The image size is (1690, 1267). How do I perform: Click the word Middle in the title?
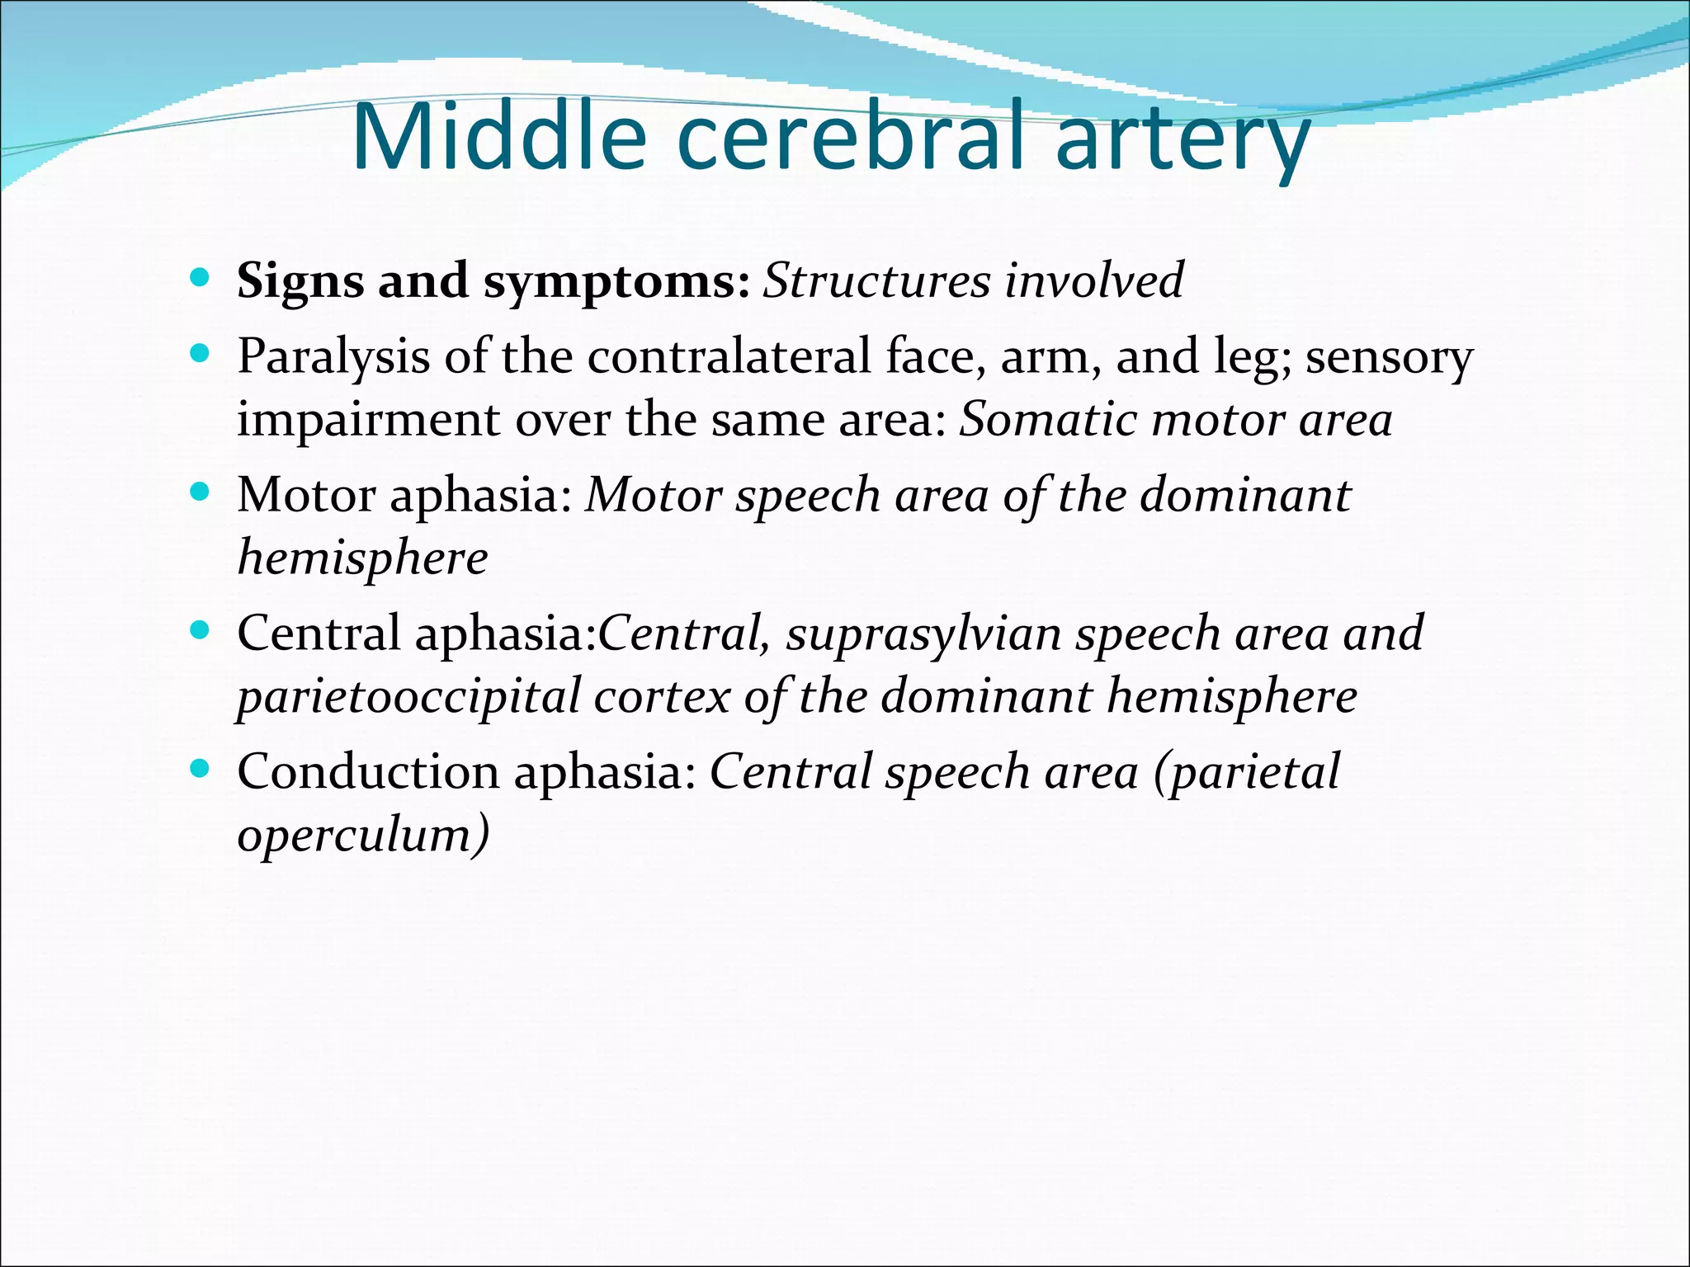(498, 137)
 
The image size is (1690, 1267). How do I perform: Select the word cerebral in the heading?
(849, 137)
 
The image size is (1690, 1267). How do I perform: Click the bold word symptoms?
(616, 282)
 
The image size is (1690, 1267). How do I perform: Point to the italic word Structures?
(876, 280)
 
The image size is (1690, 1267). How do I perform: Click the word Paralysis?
(333, 357)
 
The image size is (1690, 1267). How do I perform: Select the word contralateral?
(729, 356)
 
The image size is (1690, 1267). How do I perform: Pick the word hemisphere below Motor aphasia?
(362, 558)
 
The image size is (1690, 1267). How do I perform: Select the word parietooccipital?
(408, 696)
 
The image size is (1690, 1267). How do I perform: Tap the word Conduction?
(368, 772)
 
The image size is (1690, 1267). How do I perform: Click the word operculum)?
(363, 835)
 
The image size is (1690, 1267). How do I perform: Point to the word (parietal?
(1246, 772)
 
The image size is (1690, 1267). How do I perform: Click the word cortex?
(662, 696)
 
